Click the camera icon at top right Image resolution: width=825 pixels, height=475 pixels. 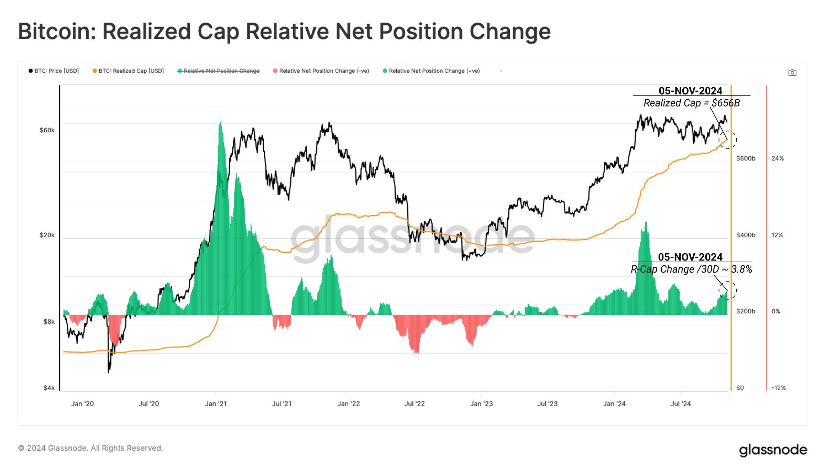tap(792, 73)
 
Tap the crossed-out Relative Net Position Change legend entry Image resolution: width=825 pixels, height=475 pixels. tap(219, 71)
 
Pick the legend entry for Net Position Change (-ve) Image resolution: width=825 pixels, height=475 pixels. tap(321, 71)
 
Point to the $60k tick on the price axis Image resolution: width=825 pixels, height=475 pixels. tap(47, 130)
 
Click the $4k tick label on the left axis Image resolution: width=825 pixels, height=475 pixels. tap(49, 388)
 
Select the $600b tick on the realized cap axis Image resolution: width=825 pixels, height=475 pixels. tap(746, 158)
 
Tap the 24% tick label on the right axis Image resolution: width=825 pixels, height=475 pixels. tap(778, 158)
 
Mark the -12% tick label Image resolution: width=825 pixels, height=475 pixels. tap(779, 388)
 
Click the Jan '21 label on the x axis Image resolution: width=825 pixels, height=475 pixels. tap(216, 404)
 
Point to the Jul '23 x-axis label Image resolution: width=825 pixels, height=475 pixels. tap(547, 404)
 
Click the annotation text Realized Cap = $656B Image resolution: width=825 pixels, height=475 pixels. tap(691, 103)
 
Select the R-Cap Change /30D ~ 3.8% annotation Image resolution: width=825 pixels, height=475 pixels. tap(691, 269)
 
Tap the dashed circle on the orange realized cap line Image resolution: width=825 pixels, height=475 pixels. tap(728, 140)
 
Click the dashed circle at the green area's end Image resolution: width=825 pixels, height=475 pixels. tap(728, 290)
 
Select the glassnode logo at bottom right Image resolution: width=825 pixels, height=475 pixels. tap(773, 450)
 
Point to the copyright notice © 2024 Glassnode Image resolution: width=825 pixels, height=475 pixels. tap(90, 448)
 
